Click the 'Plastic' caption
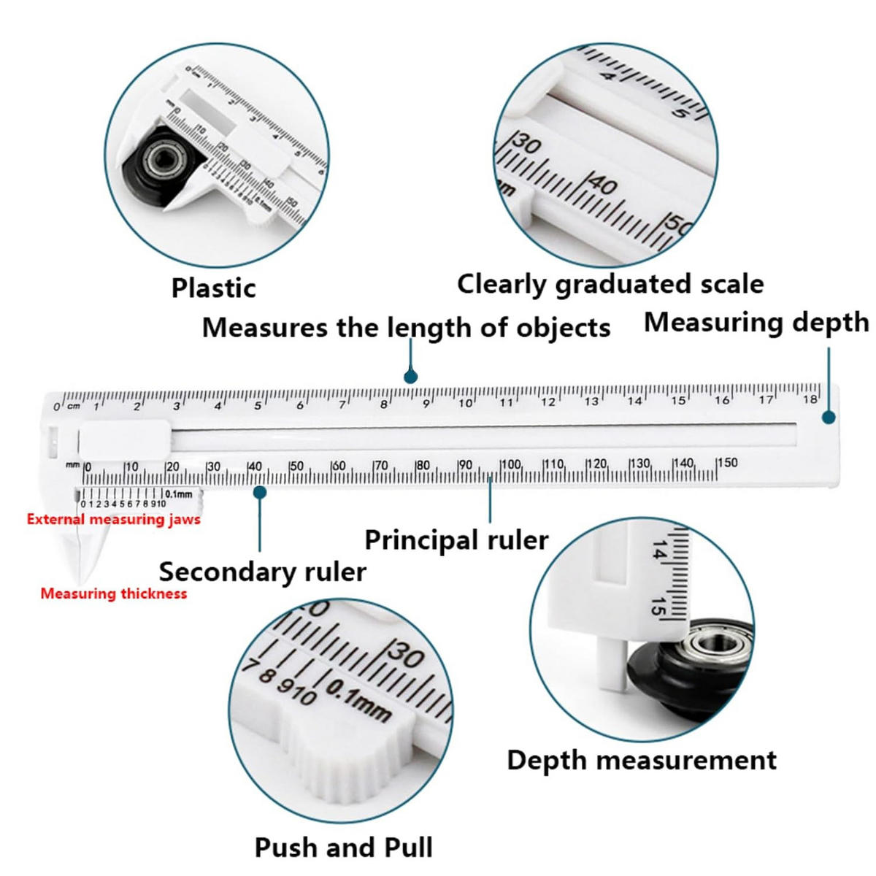(213, 288)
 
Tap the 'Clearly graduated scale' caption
(610, 285)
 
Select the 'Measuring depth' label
(756, 323)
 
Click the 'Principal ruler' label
(456, 540)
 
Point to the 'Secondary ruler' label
(262, 572)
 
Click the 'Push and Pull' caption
(343, 848)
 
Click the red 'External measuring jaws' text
(114, 520)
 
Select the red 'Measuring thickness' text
(114, 593)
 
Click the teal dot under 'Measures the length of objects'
(410, 377)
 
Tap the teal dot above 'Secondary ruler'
(260, 492)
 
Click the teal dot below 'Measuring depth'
(829, 418)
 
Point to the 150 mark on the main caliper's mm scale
(728, 463)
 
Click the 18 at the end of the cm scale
(810, 399)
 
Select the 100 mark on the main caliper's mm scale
(512, 464)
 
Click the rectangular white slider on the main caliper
(125, 439)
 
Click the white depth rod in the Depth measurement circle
(613, 664)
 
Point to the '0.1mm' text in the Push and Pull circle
(358, 702)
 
